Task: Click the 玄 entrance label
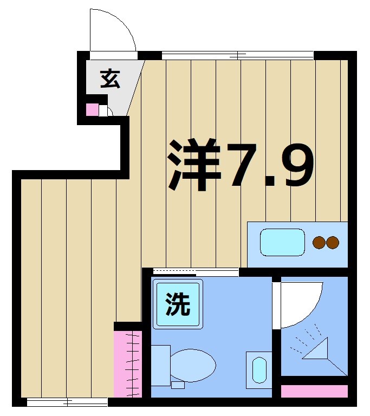[x=109, y=79]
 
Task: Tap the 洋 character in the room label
[x=194, y=165]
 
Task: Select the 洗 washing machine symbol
[x=178, y=304]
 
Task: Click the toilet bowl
[x=193, y=365]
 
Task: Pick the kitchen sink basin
[x=282, y=242]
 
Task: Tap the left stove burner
[x=319, y=243]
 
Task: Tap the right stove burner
[x=332, y=243]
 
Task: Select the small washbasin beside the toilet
[x=259, y=370]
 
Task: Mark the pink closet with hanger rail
[x=127, y=363]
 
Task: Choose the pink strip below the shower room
[x=314, y=391]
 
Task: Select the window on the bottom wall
[x=67, y=402]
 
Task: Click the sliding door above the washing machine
[x=196, y=271]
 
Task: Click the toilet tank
[x=160, y=365]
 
